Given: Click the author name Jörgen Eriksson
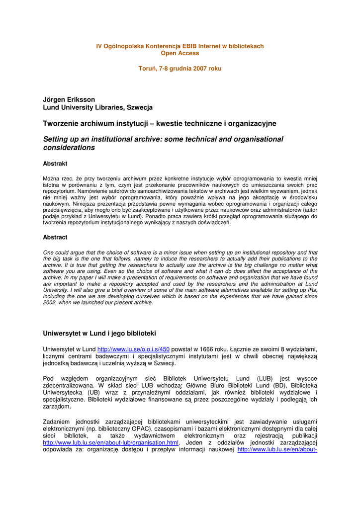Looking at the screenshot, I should (x=69, y=99).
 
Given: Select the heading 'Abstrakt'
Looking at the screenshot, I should (x=55, y=164).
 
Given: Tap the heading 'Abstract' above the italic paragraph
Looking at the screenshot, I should (x=55, y=238).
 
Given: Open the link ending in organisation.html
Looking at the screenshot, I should (x=110, y=442).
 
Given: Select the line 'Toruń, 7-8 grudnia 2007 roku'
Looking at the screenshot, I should (x=180, y=69).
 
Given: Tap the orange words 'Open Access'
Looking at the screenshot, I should (x=180, y=53).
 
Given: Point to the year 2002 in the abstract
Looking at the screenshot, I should (x=50, y=302).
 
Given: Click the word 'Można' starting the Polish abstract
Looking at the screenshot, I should (x=51, y=178).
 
